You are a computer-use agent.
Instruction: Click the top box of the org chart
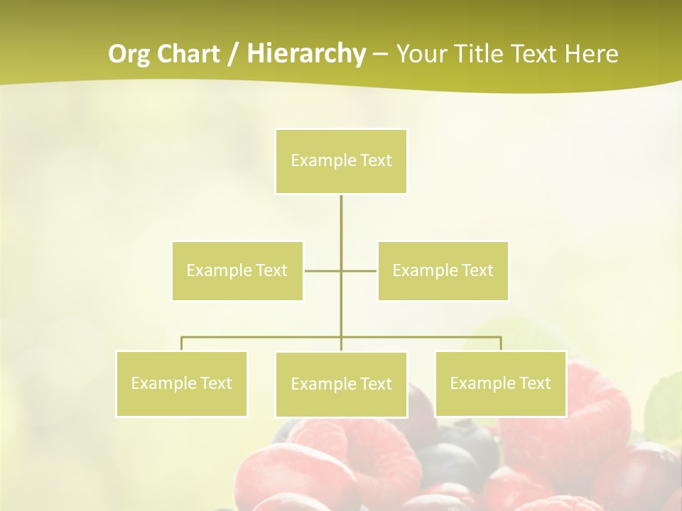(x=341, y=161)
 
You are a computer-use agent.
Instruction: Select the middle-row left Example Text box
(x=237, y=270)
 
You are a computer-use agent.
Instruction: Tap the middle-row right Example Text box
(x=443, y=270)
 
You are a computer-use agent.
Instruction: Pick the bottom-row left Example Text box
(x=181, y=383)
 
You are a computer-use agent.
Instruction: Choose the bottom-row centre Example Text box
(x=341, y=384)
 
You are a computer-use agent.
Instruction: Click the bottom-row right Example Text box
(x=500, y=383)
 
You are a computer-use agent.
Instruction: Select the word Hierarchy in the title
(x=305, y=54)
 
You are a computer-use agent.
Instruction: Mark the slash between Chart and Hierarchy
(x=233, y=54)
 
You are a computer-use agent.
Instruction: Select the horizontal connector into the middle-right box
(x=359, y=270)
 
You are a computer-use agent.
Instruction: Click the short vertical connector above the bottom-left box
(x=181, y=344)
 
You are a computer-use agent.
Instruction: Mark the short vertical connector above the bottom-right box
(x=501, y=344)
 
